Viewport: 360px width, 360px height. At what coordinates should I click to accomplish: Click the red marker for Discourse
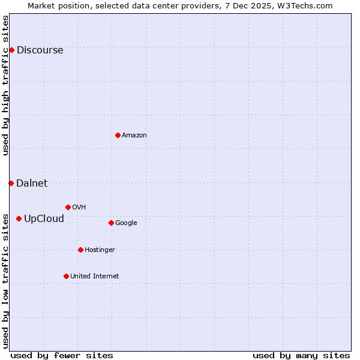coord(11,50)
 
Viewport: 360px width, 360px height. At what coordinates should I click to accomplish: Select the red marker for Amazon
coord(118,135)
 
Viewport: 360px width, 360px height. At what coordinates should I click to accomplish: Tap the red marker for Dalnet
coord(11,183)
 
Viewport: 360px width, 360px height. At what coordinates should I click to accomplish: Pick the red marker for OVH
coord(68,207)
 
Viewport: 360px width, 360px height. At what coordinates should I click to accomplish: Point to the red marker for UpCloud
coord(19,218)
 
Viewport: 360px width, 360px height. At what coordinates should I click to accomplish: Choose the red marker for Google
coord(111,223)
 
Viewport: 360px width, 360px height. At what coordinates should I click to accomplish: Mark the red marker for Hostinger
coord(80,250)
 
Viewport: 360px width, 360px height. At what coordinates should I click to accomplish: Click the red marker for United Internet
coord(66,276)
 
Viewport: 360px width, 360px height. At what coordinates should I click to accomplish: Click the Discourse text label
coord(40,50)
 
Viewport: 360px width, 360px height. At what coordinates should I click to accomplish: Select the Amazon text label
coord(134,136)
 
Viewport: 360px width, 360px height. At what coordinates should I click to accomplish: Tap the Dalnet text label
coord(32,184)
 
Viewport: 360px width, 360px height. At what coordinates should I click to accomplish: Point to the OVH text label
coord(79,208)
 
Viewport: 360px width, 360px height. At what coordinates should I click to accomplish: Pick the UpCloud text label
coord(44,219)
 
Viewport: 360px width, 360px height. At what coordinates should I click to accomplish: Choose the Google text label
coord(126,223)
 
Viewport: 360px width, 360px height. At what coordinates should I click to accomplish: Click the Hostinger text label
coord(100,250)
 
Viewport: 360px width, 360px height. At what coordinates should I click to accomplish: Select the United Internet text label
coord(95,277)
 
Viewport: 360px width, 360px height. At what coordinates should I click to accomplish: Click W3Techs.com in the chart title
coord(305,5)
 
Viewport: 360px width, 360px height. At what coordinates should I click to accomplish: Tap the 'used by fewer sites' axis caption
coord(62,355)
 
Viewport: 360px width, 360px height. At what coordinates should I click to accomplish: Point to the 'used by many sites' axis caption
coord(301,355)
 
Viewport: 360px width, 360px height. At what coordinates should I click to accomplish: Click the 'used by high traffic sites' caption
coord(5,85)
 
